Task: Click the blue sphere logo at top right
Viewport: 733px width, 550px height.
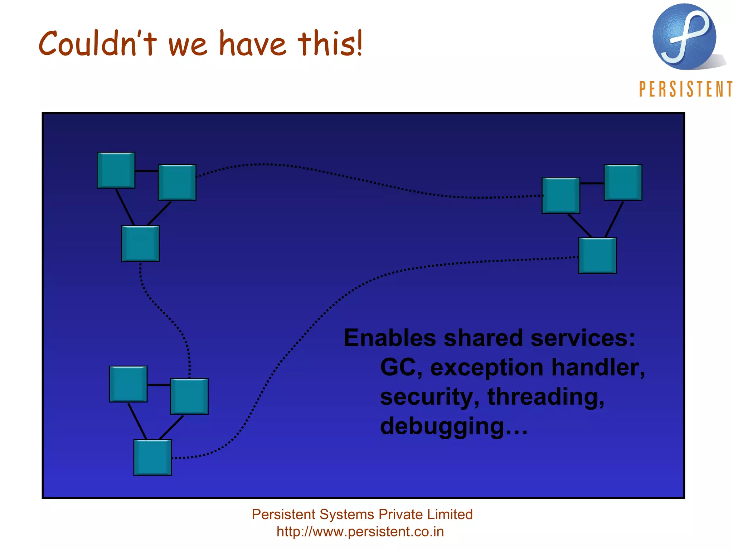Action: point(684,37)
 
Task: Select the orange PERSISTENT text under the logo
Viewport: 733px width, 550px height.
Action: point(685,89)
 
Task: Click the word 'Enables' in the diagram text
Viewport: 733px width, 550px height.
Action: point(389,338)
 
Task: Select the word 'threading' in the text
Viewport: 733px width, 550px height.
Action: point(545,397)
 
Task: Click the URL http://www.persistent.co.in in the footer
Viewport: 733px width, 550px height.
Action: point(360,531)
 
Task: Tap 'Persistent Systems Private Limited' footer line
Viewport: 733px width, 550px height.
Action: point(362,515)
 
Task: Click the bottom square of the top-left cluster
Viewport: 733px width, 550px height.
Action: point(140,243)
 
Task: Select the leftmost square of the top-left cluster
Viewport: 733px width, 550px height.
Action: point(116,170)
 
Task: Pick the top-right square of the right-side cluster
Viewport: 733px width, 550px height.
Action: point(623,183)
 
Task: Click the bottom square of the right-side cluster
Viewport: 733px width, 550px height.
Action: point(597,256)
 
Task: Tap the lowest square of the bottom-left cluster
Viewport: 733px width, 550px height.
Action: point(152,457)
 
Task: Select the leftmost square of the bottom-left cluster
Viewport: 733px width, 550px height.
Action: point(128,384)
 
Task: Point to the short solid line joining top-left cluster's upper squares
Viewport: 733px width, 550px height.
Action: point(147,171)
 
